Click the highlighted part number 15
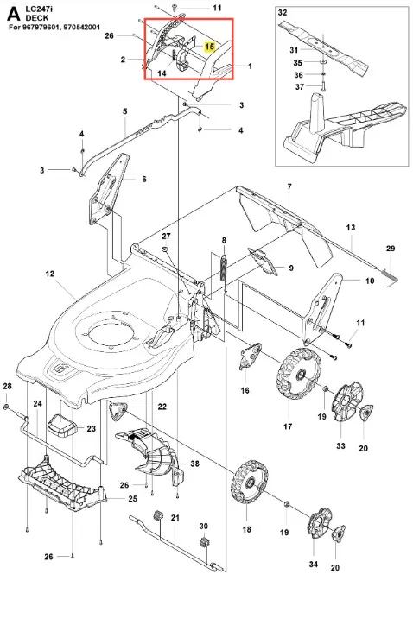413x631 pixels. (x=209, y=47)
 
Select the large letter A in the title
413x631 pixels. (x=14, y=14)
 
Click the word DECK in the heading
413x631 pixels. (x=37, y=18)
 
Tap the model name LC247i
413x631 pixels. (x=40, y=9)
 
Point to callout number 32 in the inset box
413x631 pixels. (x=283, y=12)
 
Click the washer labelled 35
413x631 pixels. (x=323, y=61)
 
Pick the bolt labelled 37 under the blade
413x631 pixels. (x=323, y=85)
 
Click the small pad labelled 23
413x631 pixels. (x=61, y=426)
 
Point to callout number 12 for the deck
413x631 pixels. (x=49, y=274)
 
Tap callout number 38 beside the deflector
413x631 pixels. (x=194, y=464)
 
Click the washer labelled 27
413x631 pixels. (x=166, y=250)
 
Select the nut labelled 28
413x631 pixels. (x=6, y=407)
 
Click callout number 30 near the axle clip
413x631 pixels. (x=204, y=527)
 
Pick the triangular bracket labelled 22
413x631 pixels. (x=118, y=411)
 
